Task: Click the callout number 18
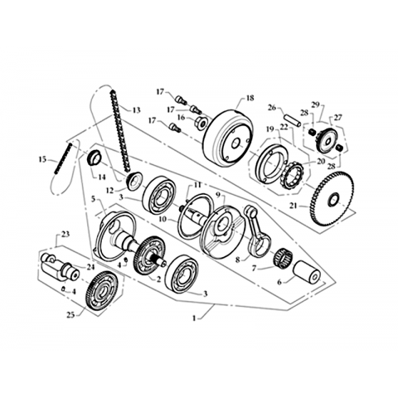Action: coord(250,99)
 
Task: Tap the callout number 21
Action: coord(294,206)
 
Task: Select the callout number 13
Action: coord(137,110)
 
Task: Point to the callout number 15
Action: coord(42,159)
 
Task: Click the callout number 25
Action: coord(70,315)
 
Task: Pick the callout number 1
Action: coord(194,318)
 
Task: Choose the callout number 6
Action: coord(279,283)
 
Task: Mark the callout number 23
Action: coord(66,235)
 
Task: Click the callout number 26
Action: coord(272,107)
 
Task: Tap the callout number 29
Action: coord(316,104)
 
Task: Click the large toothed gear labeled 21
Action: coord(332,202)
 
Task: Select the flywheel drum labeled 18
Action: coord(228,138)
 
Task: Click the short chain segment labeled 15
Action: coord(62,158)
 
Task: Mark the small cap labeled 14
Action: coord(95,158)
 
